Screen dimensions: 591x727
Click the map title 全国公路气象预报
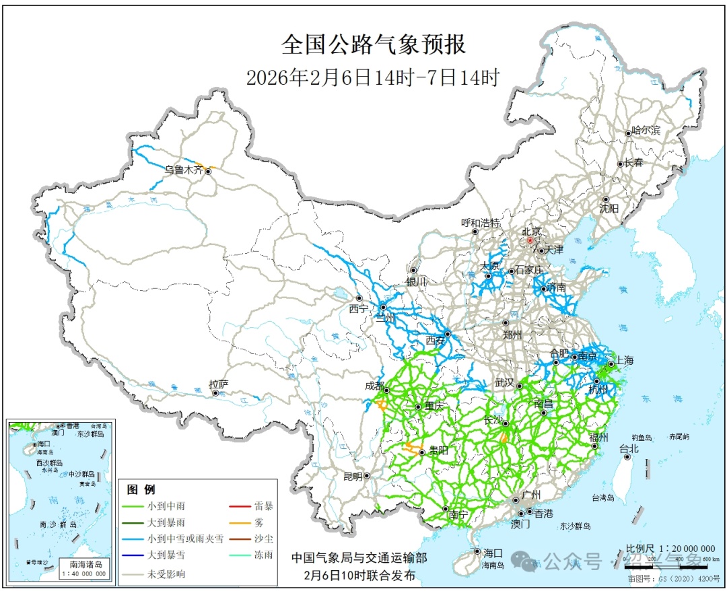coord(373,45)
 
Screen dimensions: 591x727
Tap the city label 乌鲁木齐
coord(184,170)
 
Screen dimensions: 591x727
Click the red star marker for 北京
coord(530,240)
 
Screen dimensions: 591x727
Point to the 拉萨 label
coord(219,384)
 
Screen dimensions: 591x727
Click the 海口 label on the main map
coord(493,553)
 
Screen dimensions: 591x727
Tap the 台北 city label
coord(628,448)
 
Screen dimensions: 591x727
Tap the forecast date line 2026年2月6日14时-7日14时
coord(373,77)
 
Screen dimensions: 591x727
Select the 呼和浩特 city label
coord(481,223)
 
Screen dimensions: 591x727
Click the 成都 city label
coord(373,386)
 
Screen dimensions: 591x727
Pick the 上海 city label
coord(624,360)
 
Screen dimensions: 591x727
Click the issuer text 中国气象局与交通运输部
coord(359,558)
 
